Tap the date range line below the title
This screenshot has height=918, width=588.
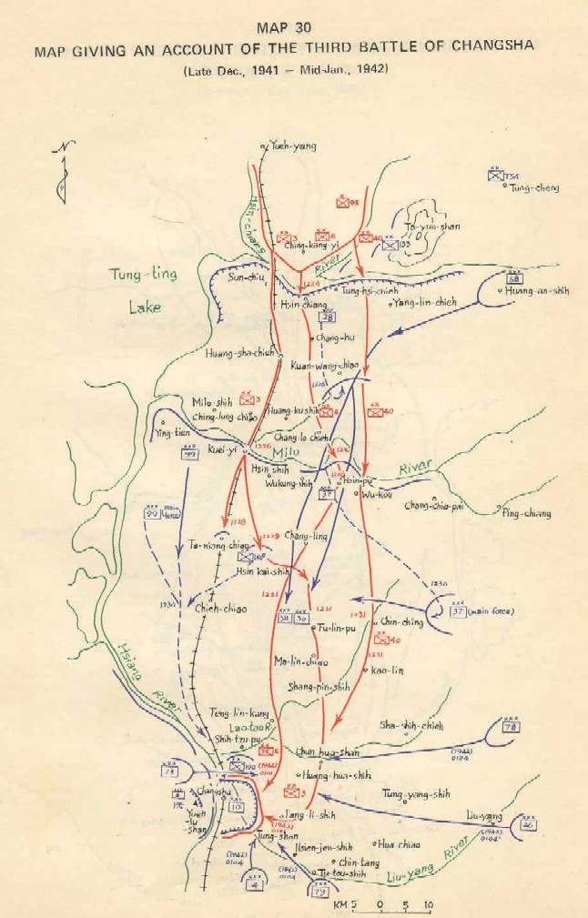click(293, 70)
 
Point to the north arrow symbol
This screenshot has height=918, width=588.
click(60, 173)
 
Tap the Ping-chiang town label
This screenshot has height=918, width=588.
click(528, 513)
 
